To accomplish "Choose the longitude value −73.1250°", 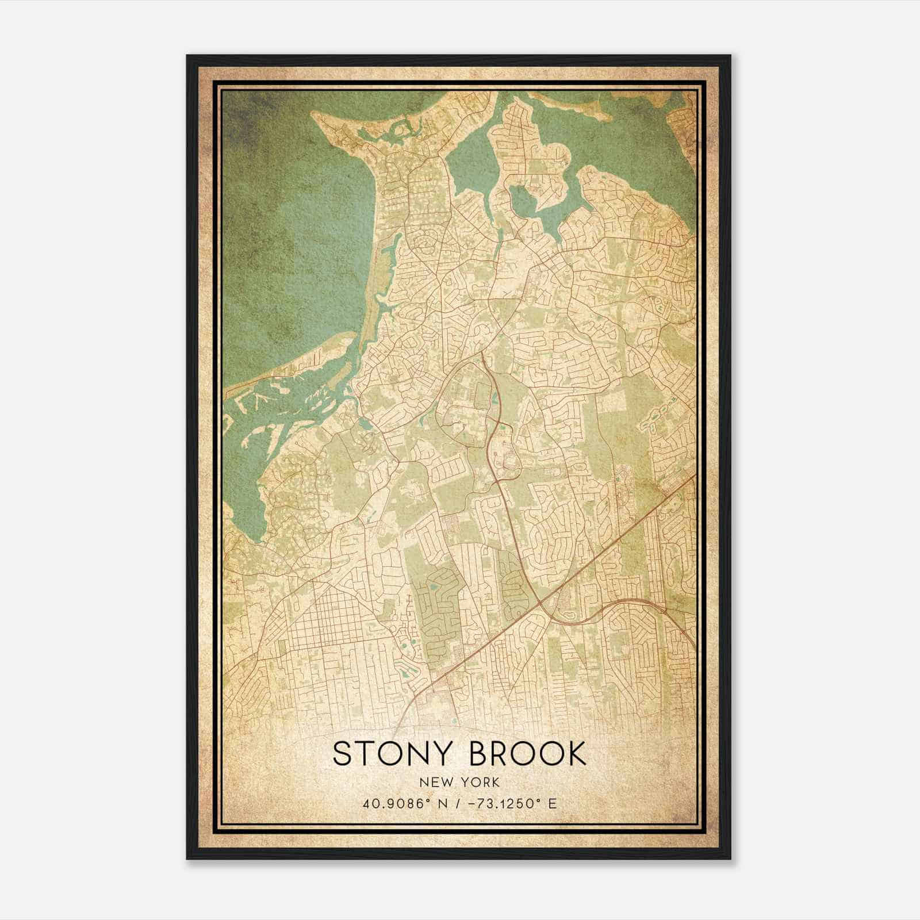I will [x=502, y=803].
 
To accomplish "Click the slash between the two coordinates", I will [x=455, y=803].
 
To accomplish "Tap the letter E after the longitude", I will [x=553, y=803].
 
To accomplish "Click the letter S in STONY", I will [x=341, y=754].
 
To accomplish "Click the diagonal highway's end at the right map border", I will [x=695, y=476].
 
